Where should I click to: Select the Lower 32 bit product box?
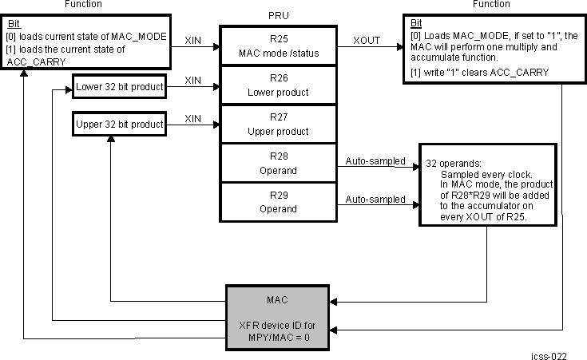click(119, 85)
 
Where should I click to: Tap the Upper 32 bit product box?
click(119, 124)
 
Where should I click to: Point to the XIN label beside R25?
click(193, 38)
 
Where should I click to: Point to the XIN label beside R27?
click(193, 117)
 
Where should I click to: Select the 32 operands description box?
click(486, 184)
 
